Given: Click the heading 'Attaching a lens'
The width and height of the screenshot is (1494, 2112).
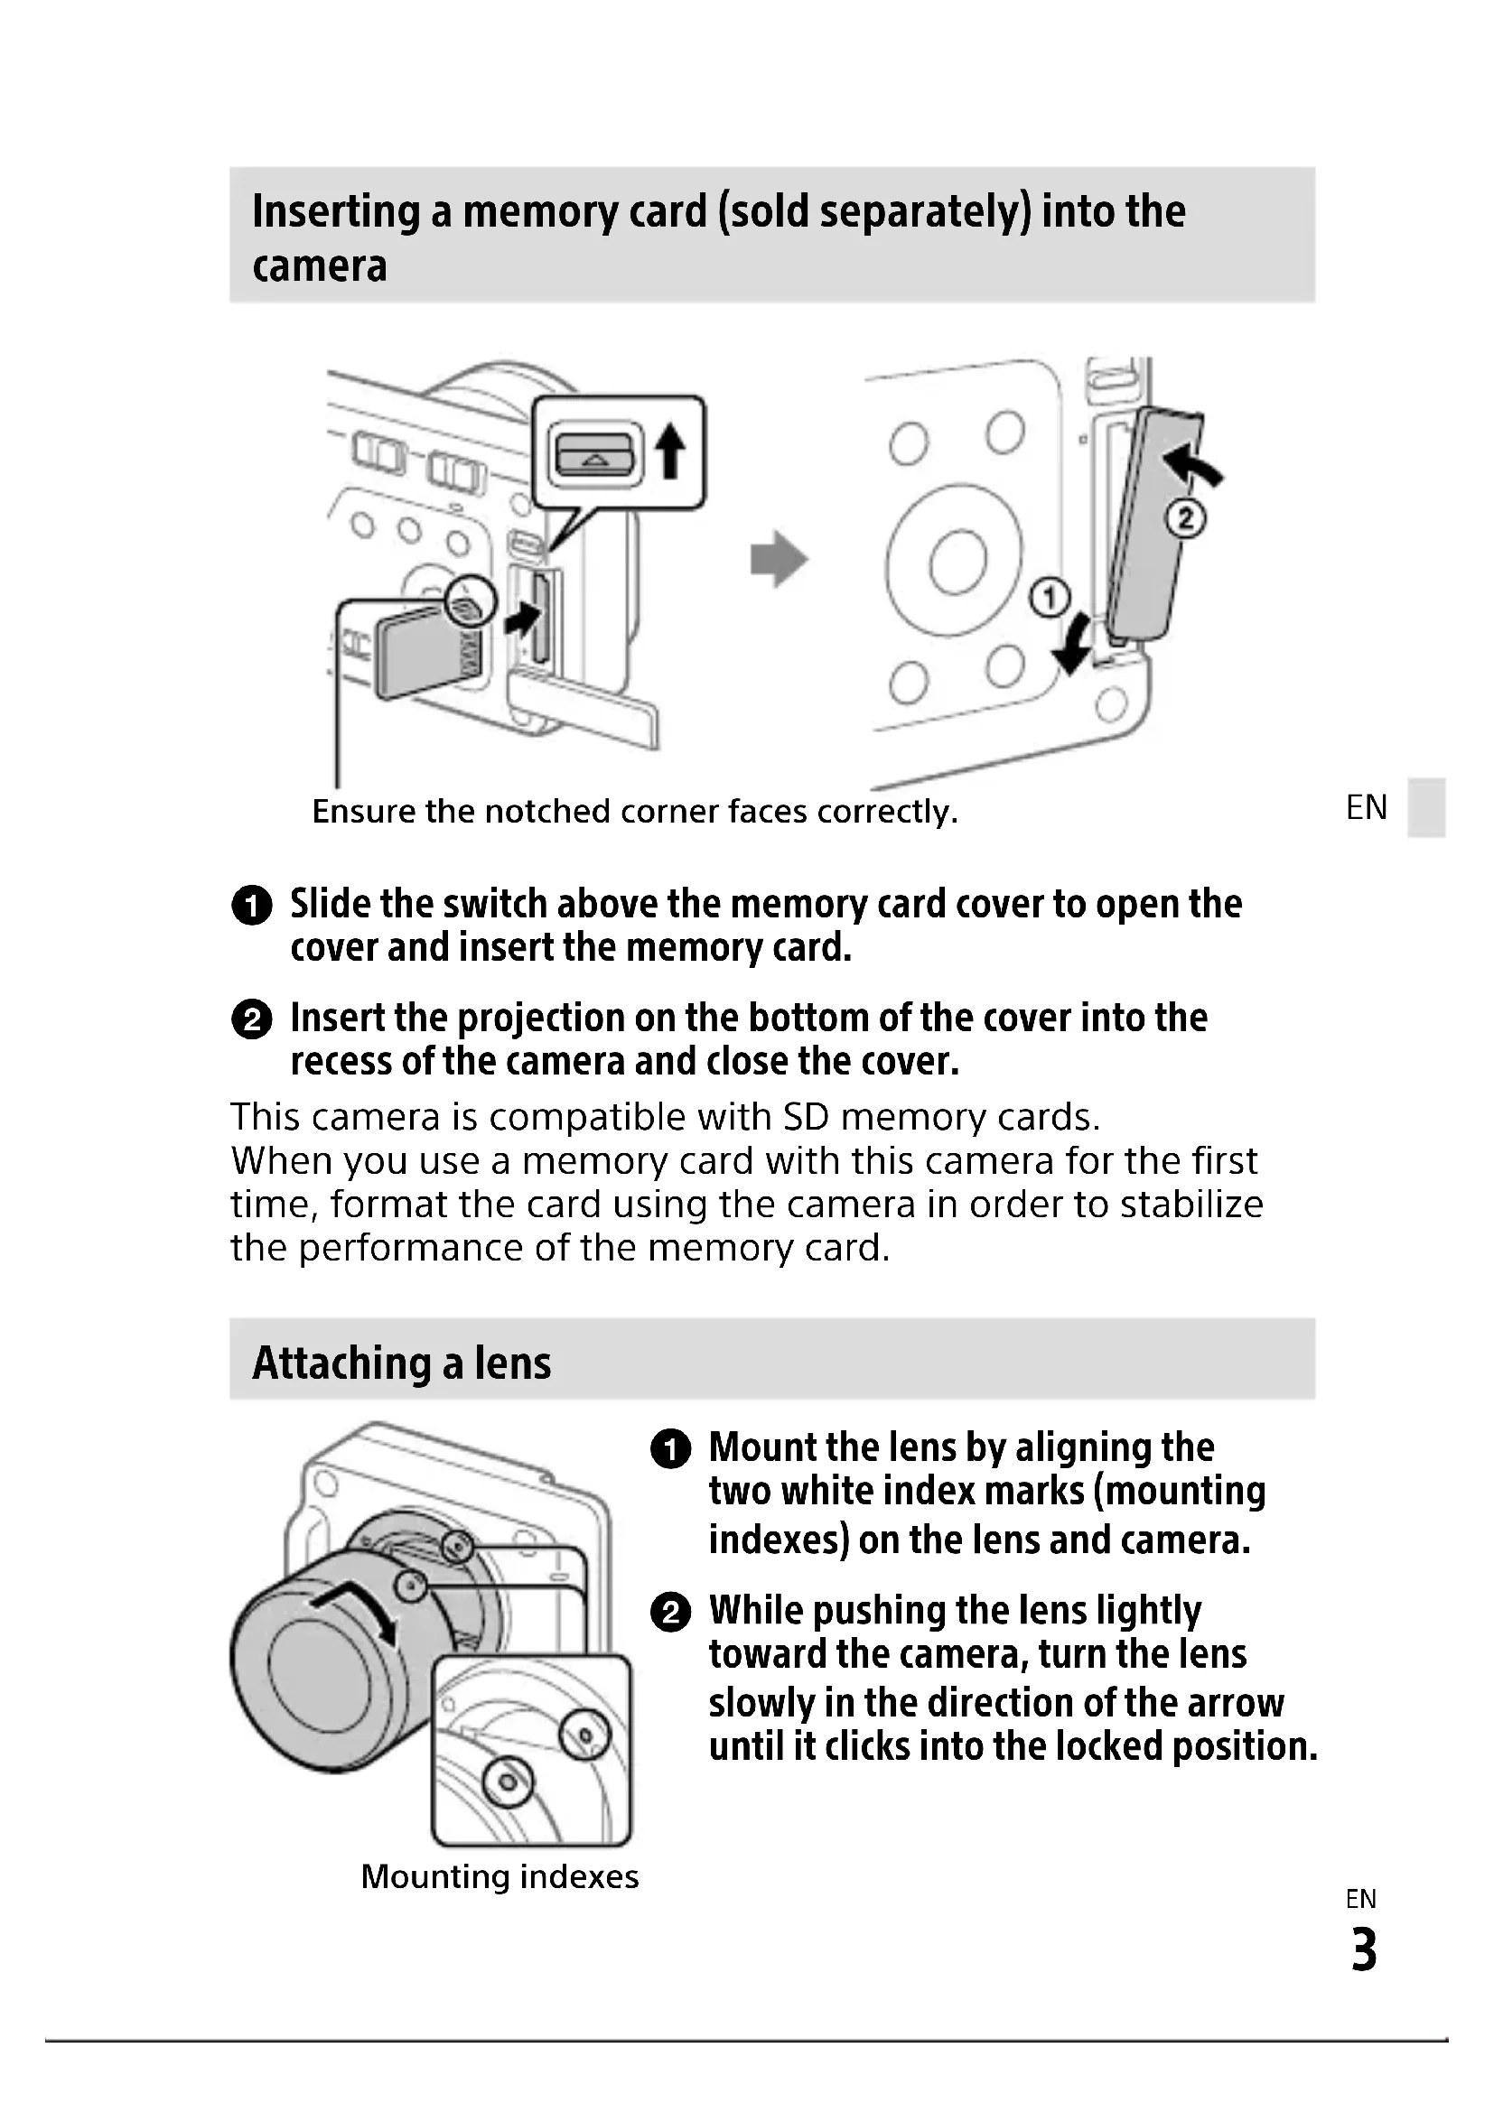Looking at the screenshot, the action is pos(401,1363).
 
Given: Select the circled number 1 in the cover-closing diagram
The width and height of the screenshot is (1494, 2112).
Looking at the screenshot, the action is pos(1050,599).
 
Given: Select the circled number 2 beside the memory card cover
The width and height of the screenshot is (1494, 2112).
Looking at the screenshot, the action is pos(1185,519).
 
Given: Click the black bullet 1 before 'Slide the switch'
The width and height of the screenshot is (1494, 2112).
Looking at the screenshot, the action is pos(251,905).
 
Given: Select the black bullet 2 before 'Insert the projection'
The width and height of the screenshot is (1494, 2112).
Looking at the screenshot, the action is pos(251,1020).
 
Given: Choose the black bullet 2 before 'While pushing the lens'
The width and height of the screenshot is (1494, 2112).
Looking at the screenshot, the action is pos(670,1613).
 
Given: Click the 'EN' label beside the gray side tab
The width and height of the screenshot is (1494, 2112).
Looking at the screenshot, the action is pos(1366,807).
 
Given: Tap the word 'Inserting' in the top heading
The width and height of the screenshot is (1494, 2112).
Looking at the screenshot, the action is pos(335,211).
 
